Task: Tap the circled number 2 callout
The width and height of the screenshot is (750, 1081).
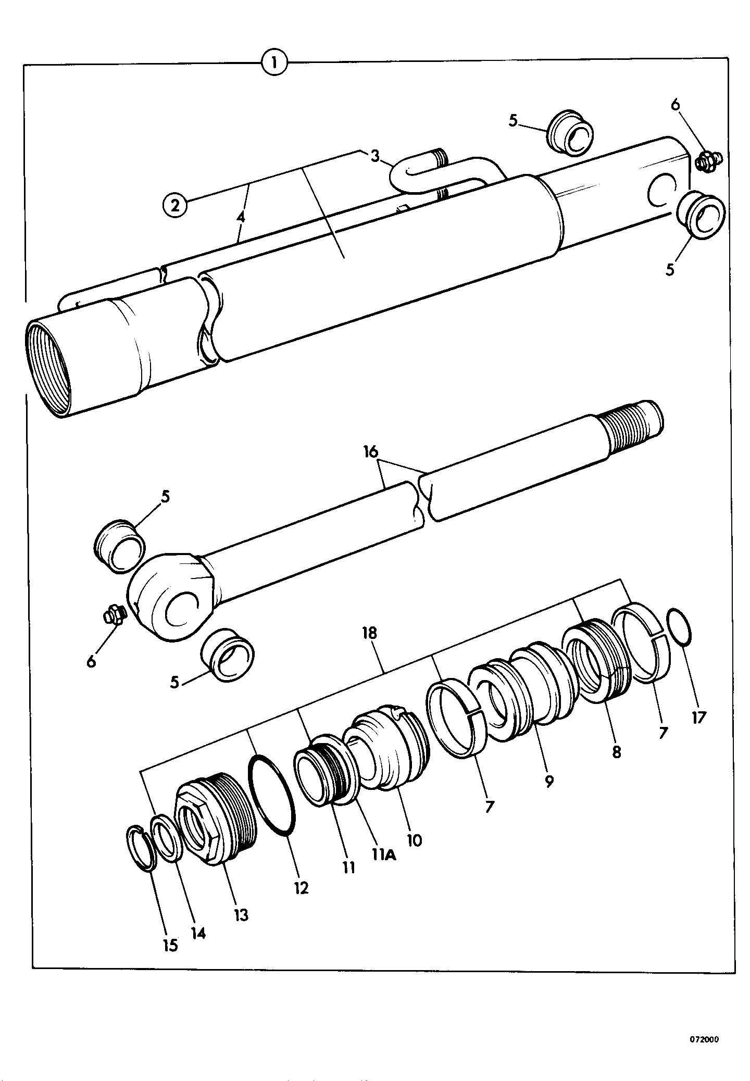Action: pyautogui.click(x=175, y=205)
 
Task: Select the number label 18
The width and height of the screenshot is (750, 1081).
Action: pyautogui.click(x=370, y=634)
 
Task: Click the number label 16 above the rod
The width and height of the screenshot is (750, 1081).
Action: pyautogui.click(x=370, y=452)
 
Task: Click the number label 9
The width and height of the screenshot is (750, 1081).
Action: pyautogui.click(x=549, y=781)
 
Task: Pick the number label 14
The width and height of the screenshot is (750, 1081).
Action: pyautogui.click(x=197, y=933)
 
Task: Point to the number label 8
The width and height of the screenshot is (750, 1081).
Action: pyautogui.click(x=617, y=752)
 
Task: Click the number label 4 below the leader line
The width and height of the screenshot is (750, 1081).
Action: pyautogui.click(x=240, y=218)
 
